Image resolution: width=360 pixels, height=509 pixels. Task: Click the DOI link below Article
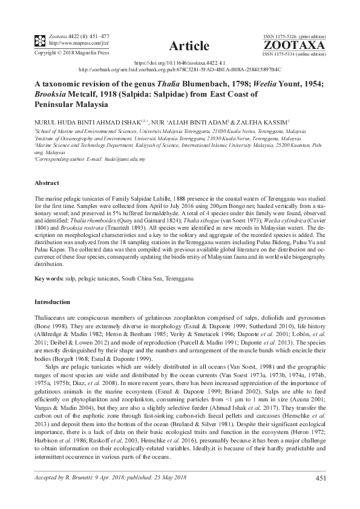click(179, 63)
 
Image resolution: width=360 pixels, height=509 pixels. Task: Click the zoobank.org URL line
click(180, 70)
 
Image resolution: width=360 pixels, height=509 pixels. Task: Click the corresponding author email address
click(126, 158)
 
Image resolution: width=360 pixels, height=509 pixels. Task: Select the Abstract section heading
click(47, 183)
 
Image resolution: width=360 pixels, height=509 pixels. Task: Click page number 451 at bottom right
click(321, 479)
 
